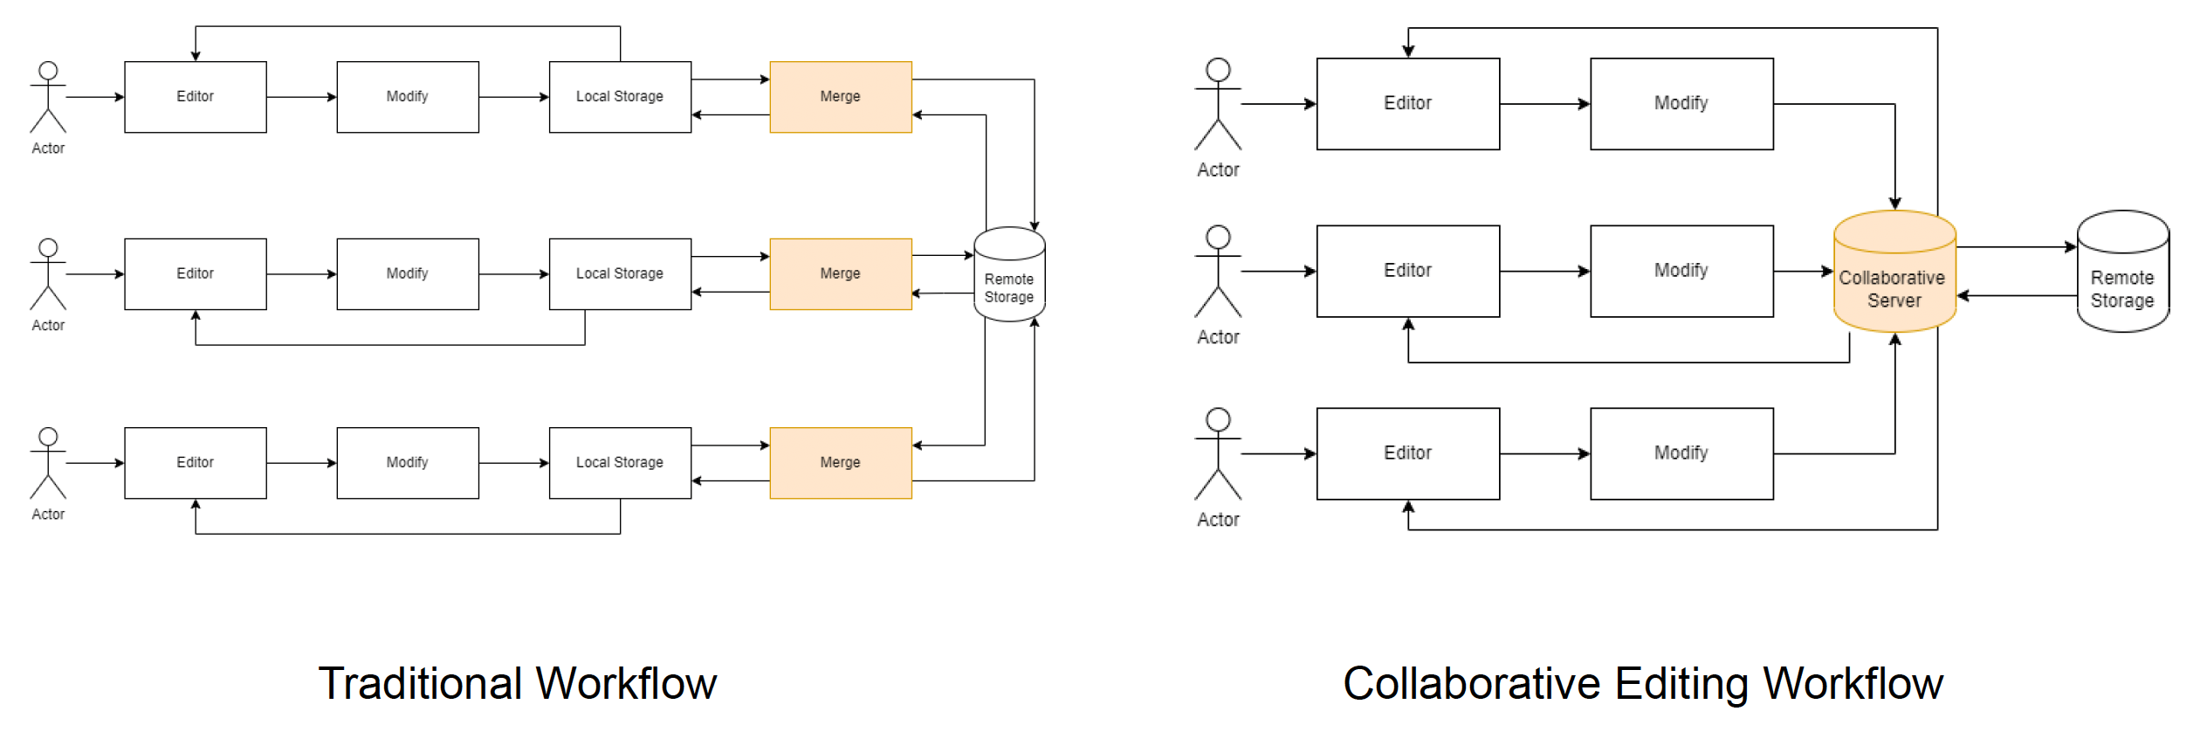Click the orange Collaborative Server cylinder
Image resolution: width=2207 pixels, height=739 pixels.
tap(1894, 272)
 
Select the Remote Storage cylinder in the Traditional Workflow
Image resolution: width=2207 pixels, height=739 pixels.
tap(1009, 275)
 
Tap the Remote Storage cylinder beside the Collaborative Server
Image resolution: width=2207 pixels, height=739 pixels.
tap(2122, 272)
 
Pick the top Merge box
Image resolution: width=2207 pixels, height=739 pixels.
tap(840, 97)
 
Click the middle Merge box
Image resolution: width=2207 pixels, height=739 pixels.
tap(840, 274)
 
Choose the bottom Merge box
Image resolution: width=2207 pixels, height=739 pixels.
tap(840, 463)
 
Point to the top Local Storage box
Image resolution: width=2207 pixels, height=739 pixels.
tap(620, 97)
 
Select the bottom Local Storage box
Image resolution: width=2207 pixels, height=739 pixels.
tap(620, 463)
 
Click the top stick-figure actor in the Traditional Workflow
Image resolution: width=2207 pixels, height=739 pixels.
tap(48, 97)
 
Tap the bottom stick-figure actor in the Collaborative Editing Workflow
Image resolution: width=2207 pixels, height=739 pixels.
tap(1218, 454)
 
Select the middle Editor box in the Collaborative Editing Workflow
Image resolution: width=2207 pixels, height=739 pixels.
tap(1407, 271)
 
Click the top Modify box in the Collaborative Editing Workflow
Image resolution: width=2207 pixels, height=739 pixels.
tap(1681, 104)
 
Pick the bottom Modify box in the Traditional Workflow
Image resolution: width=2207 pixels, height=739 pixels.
tap(408, 463)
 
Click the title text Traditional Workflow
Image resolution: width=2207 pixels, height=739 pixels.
tap(517, 683)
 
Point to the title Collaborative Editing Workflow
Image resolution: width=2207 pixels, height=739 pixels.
tap(1642, 683)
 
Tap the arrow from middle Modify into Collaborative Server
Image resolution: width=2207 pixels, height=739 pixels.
tap(1803, 272)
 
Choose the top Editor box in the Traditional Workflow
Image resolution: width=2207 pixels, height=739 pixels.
tap(195, 97)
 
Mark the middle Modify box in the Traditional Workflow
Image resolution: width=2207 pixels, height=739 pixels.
tap(408, 274)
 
